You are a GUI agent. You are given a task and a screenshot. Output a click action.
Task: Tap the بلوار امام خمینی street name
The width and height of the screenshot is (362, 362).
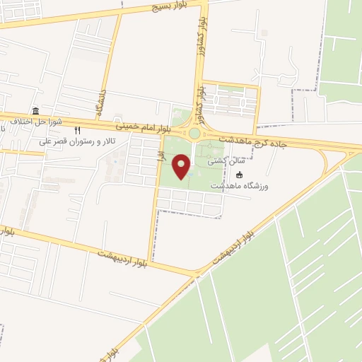[145, 127]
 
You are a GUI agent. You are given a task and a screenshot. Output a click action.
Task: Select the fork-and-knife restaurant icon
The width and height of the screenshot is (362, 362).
[78, 130]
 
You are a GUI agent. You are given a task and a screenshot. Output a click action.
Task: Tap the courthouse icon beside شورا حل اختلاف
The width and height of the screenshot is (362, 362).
[35, 110]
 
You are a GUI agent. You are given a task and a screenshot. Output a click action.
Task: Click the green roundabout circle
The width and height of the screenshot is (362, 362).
[194, 133]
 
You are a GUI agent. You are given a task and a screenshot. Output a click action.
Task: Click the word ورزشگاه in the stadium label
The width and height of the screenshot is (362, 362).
[258, 187]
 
